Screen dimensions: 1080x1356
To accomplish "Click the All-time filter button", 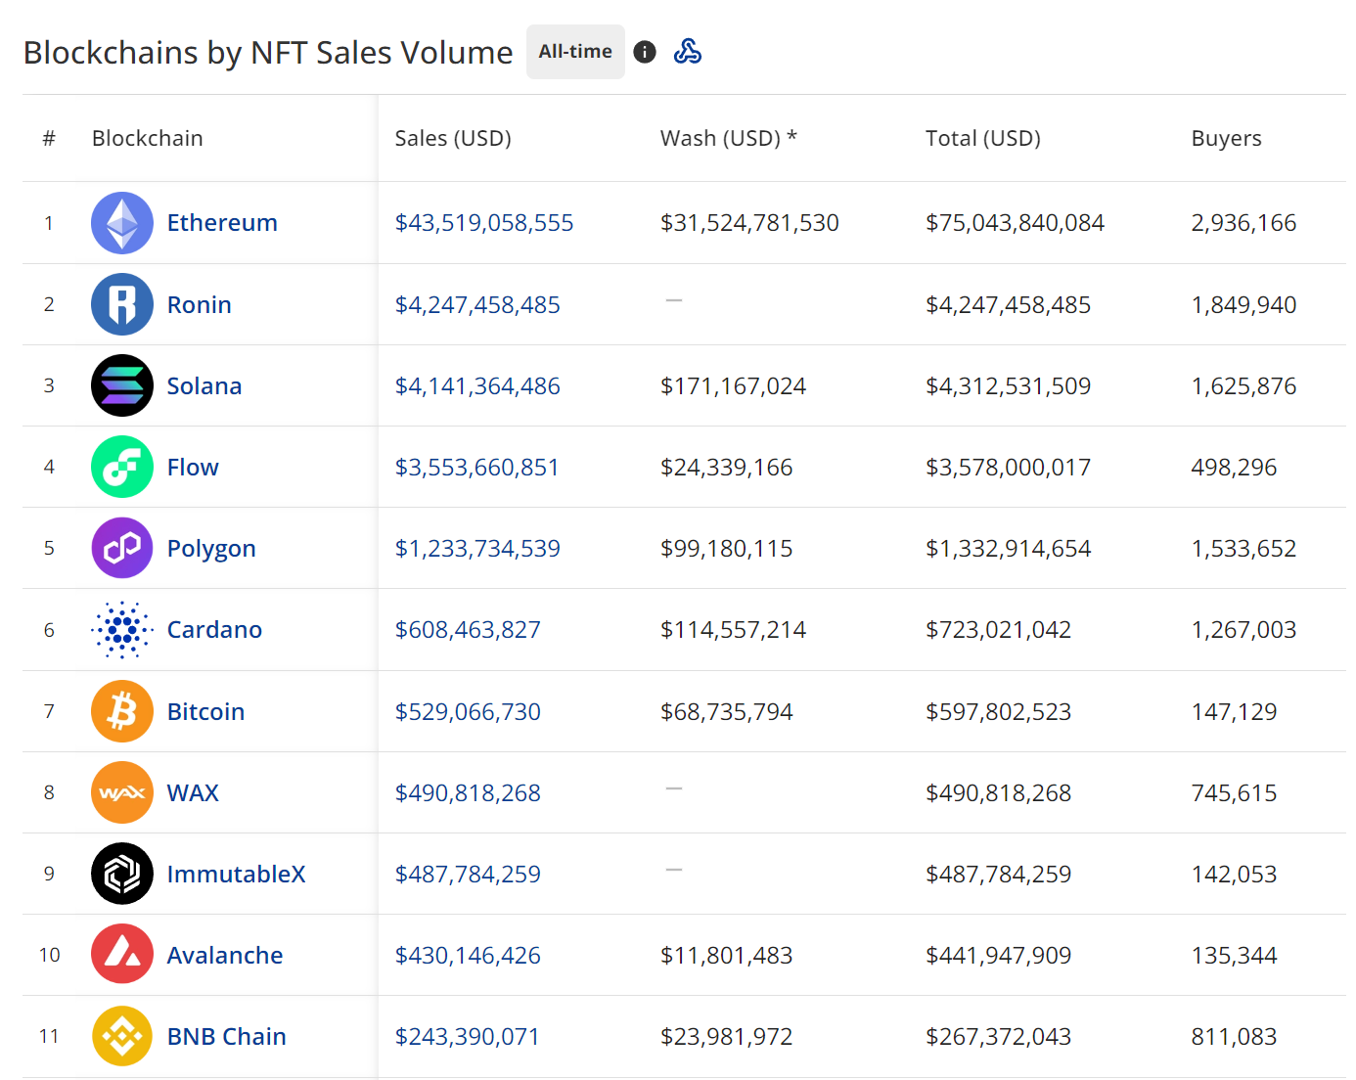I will tap(575, 52).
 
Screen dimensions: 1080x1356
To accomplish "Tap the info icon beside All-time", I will tap(645, 52).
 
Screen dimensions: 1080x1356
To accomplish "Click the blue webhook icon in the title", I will tap(688, 52).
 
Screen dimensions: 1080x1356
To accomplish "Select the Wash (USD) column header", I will tap(728, 138).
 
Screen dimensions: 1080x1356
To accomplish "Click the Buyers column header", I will tap(1226, 138).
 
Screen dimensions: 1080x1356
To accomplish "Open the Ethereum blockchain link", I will tap(222, 223).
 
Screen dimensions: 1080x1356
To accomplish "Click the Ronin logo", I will tap(122, 304).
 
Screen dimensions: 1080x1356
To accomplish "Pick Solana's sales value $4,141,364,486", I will tap(477, 386).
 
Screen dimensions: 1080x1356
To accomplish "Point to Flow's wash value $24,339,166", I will tap(726, 468).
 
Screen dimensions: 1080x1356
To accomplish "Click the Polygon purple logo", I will tap(122, 548).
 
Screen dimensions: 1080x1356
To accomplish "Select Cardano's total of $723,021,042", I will tap(998, 630).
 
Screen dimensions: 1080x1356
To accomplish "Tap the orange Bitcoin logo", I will tap(122, 711).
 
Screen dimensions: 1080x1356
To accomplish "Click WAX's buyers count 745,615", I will tap(1234, 792).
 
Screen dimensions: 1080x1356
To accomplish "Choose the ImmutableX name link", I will tap(236, 874).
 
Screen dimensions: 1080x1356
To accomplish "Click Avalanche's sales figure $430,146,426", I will tap(468, 955).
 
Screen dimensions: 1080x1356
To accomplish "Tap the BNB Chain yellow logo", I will tap(122, 1036).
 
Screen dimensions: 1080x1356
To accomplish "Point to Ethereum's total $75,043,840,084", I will tap(1015, 223).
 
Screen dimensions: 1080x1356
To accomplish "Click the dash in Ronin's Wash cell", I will tap(674, 300).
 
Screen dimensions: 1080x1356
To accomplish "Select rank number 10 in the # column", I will tap(50, 955).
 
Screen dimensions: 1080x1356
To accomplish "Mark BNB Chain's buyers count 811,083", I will tap(1234, 1036).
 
